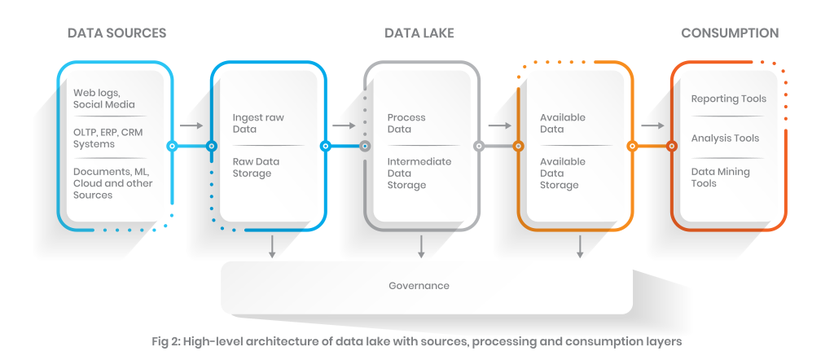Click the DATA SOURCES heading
pyautogui.click(x=116, y=33)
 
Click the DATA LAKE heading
pyautogui.click(x=419, y=33)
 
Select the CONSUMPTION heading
pyautogui.click(x=730, y=33)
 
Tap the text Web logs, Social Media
pyautogui.click(x=104, y=99)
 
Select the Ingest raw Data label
pyautogui.click(x=258, y=124)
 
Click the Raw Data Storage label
pyautogui.click(x=256, y=167)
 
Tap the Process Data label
pyautogui.click(x=406, y=124)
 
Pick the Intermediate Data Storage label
pyautogui.click(x=419, y=173)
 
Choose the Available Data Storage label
pyautogui.click(x=563, y=173)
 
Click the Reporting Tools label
pyautogui.click(x=729, y=99)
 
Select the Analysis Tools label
pyautogui.click(x=725, y=138)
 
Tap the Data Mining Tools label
pyautogui.click(x=720, y=178)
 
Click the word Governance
pyautogui.click(x=419, y=286)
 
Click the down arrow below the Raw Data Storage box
pyautogui.click(x=272, y=246)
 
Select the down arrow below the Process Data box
pyautogui.click(x=421, y=246)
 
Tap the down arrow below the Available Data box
pyautogui.click(x=579, y=246)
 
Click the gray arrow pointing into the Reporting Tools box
pyautogui.click(x=651, y=125)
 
